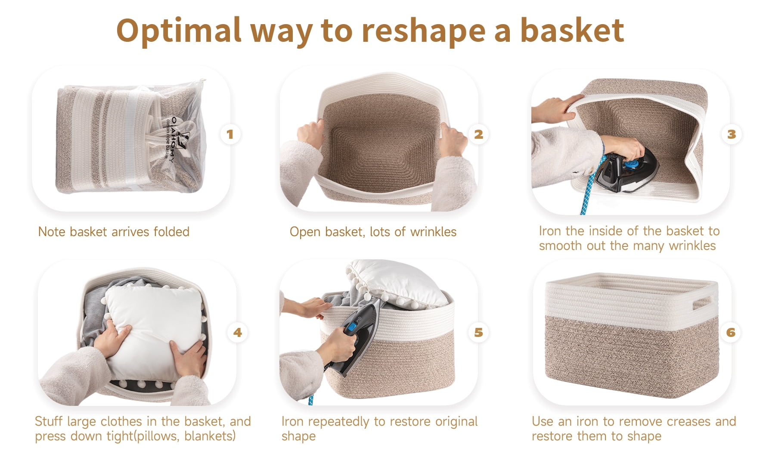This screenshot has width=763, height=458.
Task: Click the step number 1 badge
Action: (230, 134)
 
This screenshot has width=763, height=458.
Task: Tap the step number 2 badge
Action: (478, 134)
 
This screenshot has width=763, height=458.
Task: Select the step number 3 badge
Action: (731, 134)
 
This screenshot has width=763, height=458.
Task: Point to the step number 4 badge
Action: (237, 332)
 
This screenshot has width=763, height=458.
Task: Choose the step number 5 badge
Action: (478, 332)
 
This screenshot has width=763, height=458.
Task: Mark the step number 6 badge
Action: (731, 332)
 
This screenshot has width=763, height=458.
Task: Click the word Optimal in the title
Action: (179, 31)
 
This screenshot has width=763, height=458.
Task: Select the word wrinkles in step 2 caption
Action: (433, 232)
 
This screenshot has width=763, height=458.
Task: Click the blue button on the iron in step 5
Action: (352, 327)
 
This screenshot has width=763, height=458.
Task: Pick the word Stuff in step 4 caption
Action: (49, 421)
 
